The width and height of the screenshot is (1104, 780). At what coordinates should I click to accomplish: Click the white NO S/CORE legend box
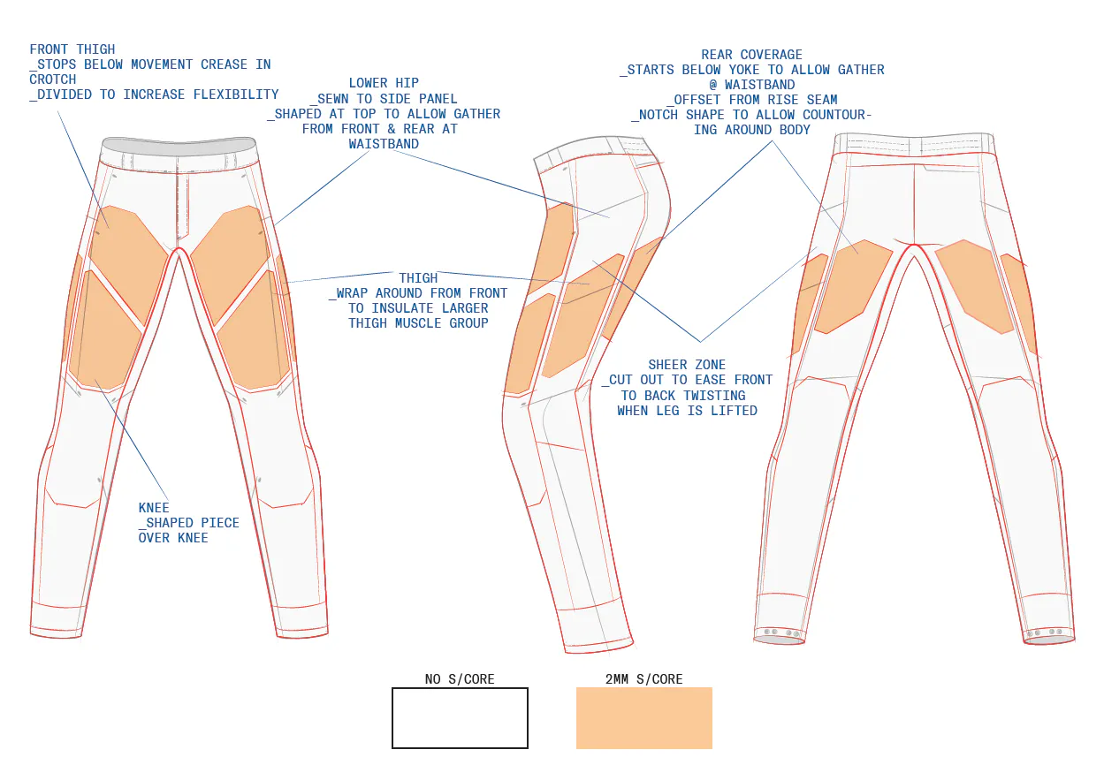point(460,717)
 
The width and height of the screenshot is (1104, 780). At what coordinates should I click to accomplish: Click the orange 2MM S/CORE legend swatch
point(643,717)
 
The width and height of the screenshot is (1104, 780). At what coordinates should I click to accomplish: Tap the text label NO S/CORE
point(460,679)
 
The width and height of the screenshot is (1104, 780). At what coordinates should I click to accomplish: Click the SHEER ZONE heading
point(687,364)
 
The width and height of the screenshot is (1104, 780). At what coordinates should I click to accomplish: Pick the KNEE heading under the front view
point(154,508)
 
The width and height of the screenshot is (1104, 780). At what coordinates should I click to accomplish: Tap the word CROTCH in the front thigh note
point(53,80)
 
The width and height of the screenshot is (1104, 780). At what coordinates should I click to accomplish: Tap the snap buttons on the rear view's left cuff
point(780,633)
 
